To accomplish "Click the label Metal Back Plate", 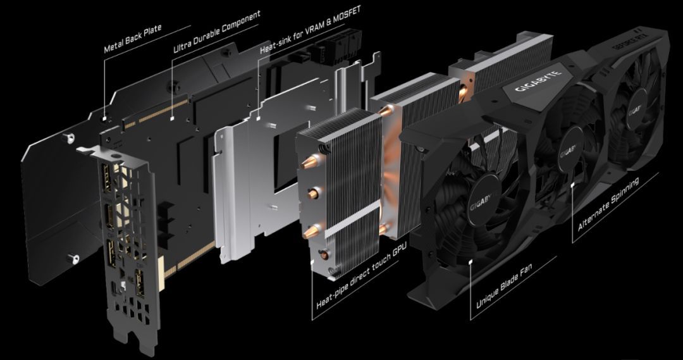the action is coord(133,39).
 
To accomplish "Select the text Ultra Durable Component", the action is coord(217,31).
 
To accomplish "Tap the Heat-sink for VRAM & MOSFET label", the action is coord(310,30).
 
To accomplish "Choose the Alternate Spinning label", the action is coord(608,204).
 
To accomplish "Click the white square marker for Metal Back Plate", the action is coord(104,117).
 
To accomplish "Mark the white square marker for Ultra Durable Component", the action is coord(172,117).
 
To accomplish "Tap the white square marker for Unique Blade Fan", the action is coord(471,262).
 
